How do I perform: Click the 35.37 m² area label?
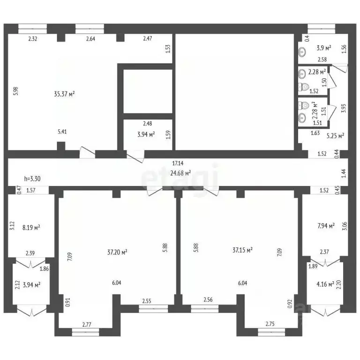[x=65, y=94]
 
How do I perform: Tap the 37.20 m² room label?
[x=117, y=252]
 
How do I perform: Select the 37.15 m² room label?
[x=242, y=250]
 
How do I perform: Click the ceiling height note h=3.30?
[x=33, y=179]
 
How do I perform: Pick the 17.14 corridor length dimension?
[x=177, y=164]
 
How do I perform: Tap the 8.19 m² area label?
[x=31, y=227]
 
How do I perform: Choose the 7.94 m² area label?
[x=326, y=226]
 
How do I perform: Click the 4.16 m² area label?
[x=324, y=284]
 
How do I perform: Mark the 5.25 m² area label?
[x=335, y=135]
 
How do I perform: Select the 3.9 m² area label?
[x=323, y=48]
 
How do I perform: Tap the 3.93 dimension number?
[x=344, y=109]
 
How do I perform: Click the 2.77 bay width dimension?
[x=86, y=324]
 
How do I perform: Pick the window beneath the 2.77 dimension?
[x=86, y=332]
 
